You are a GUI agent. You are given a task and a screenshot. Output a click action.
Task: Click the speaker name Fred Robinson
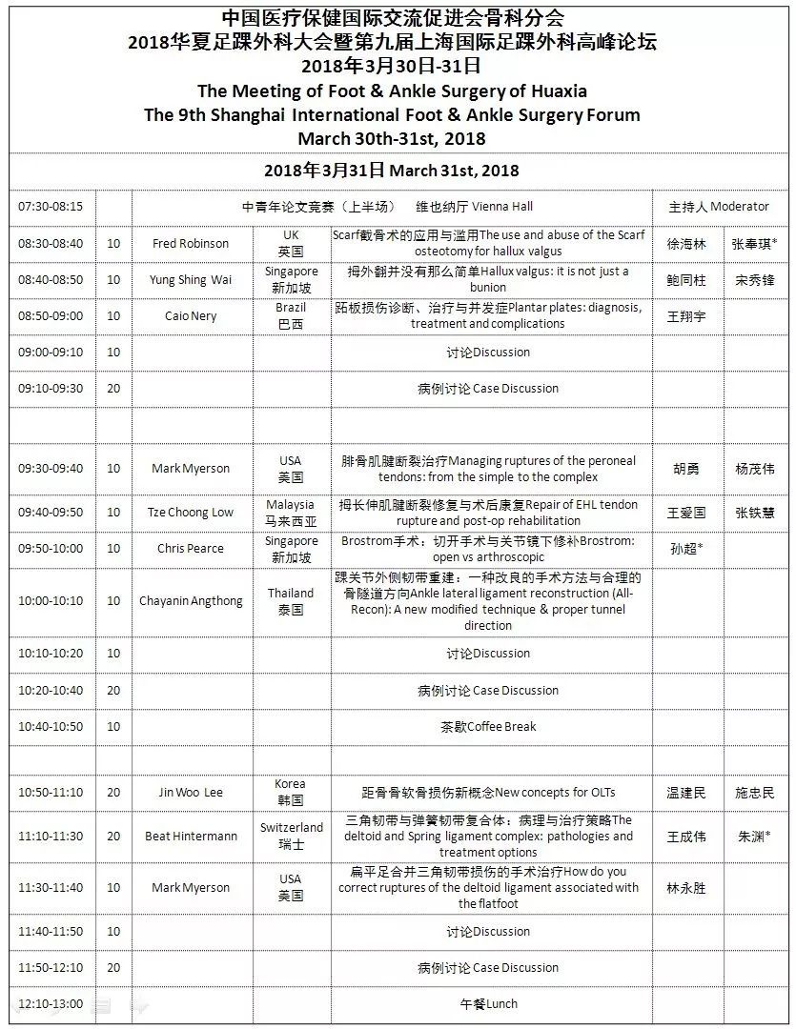click(191, 243)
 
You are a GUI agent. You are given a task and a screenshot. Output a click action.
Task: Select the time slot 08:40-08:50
click(51, 280)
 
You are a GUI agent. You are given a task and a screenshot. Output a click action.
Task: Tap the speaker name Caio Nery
click(191, 316)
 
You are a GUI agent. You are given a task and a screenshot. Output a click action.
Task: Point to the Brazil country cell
click(291, 316)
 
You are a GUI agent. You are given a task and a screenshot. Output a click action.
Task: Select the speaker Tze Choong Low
click(191, 513)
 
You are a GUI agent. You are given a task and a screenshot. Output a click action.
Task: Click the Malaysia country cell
click(291, 513)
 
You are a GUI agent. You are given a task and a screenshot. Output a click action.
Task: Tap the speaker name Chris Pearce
click(191, 549)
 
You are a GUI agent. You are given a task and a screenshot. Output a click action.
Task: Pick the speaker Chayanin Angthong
click(191, 601)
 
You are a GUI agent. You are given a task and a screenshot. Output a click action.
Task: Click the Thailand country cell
click(291, 601)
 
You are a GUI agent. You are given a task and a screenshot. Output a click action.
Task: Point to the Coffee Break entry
click(488, 726)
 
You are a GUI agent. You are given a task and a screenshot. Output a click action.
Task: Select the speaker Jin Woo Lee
click(191, 793)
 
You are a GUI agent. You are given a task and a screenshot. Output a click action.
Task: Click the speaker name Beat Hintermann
click(191, 837)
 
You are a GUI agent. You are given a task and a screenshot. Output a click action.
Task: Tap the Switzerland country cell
click(291, 837)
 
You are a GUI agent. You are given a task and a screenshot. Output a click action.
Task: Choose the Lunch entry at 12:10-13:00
click(488, 1003)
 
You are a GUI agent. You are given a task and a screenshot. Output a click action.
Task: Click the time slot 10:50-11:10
click(51, 793)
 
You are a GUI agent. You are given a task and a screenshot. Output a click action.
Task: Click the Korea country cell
click(291, 793)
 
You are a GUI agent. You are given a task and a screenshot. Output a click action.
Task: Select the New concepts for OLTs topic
click(488, 793)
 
